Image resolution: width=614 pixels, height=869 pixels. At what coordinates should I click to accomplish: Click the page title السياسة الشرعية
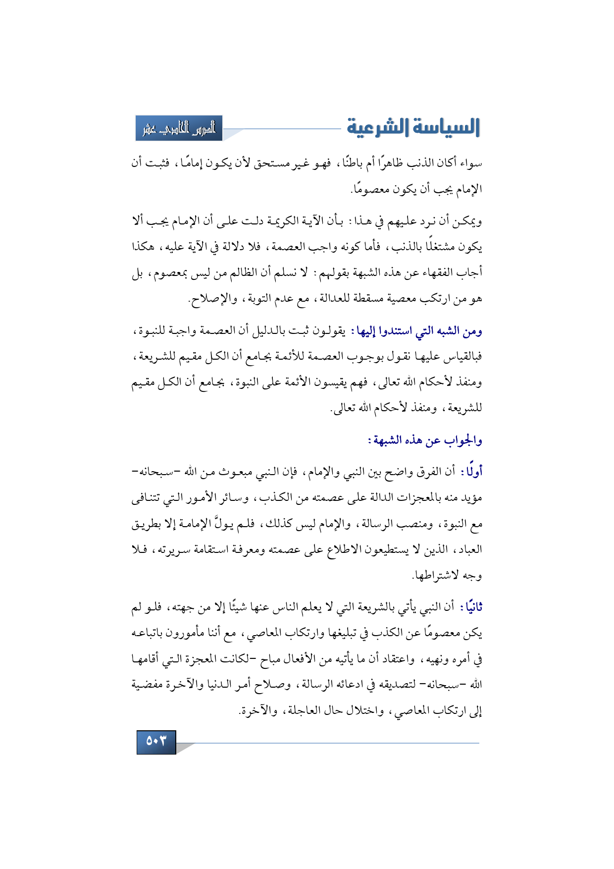413,127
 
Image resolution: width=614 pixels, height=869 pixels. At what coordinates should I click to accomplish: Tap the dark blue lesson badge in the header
179,128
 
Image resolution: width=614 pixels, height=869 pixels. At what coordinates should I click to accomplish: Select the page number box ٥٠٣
156,742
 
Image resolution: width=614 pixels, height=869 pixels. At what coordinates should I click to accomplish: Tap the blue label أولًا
474,472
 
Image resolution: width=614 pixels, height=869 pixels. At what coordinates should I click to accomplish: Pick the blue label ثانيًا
473,607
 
